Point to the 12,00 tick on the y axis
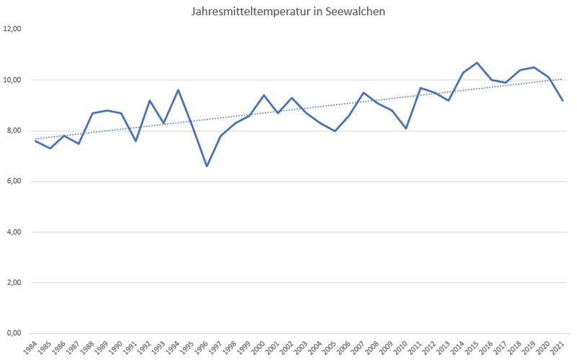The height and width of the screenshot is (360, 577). tap(13, 29)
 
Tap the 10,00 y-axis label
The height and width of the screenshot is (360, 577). tap(13, 80)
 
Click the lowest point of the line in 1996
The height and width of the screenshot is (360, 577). tap(207, 167)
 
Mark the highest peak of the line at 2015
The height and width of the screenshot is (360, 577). tap(477, 63)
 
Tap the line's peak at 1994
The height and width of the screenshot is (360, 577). tap(178, 90)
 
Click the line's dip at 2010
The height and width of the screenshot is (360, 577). tap(406, 128)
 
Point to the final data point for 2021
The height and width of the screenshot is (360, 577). tap(563, 100)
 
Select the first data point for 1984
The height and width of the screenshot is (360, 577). tap(35, 141)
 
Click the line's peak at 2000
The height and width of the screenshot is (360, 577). tap(264, 95)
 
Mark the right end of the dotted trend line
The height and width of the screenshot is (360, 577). tap(563, 79)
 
